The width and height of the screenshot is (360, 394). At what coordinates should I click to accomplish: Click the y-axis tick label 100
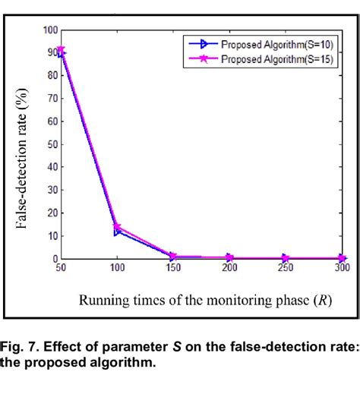pos(49,30)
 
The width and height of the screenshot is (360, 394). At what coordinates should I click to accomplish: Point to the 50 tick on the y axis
pos(52,145)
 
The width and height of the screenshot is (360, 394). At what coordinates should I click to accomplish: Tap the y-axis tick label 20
pos(52,213)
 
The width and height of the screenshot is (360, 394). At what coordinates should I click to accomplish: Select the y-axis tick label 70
pos(52,99)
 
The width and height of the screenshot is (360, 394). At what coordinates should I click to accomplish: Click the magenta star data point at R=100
pos(117,227)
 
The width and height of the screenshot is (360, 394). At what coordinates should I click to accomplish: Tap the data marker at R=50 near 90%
pos(61,52)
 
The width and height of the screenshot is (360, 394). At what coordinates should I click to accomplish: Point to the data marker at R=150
pos(173,257)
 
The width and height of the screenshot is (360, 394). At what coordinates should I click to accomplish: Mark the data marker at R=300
pos(343,259)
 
